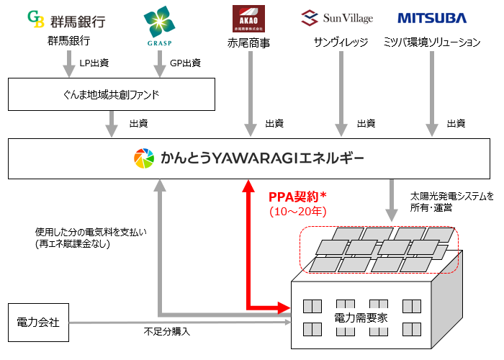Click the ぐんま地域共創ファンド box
112,93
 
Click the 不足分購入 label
167,331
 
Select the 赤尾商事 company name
249,42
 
